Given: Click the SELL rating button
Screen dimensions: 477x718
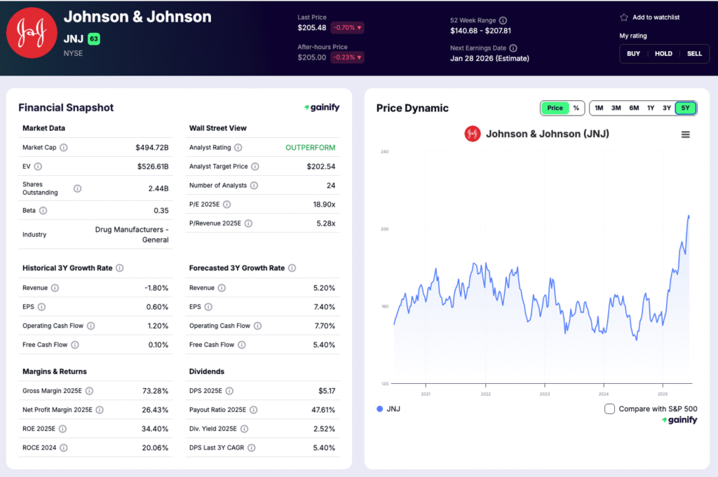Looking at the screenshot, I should (x=694, y=54).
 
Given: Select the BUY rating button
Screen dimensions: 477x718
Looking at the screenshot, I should (x=632, y=54).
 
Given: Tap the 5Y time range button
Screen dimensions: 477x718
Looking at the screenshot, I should (x=685, y=108).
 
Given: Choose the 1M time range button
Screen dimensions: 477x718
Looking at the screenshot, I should (x=598, y=108).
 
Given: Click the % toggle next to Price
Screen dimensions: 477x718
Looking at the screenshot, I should (x=576, y=108).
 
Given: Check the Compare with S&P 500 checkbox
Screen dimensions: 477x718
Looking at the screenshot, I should (x=609, y=409).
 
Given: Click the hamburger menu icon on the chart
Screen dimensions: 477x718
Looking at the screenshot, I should (x=685, y=134).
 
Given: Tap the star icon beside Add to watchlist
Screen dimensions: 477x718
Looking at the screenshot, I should (x=623, y=18).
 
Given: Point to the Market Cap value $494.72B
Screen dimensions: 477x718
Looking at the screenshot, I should (x=151, y=148).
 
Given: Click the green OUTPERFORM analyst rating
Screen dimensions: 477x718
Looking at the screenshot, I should (x=310, y=148).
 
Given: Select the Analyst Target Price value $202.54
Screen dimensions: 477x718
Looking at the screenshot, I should (x=320, y=167).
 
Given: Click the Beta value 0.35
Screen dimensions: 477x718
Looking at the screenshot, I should (x=161, y=210).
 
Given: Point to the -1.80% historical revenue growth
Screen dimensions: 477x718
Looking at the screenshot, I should (x=155, y=288).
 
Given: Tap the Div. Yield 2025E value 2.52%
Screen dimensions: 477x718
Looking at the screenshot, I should (x=322, y=429).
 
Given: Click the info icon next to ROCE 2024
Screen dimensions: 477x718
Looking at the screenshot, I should (x=64, y=448).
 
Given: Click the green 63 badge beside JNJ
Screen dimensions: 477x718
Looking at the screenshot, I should (x=94, y=39).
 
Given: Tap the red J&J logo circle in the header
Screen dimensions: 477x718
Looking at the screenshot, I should (x=32, y=32).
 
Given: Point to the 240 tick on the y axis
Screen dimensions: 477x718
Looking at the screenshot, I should (x=384, y=151).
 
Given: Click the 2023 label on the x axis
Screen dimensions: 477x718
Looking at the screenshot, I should (x=545, y=394).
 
